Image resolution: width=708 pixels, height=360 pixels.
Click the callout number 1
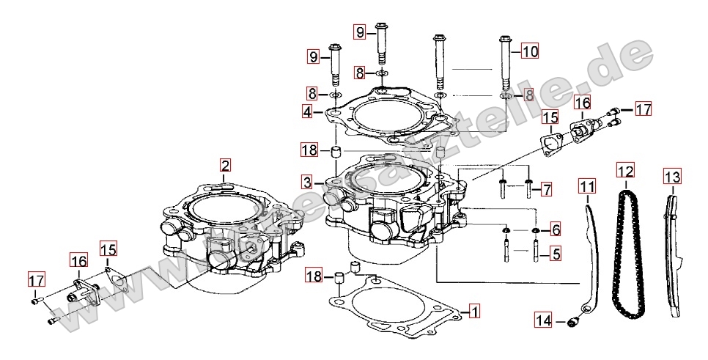coord(474,311)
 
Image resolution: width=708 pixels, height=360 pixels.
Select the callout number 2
coord(225,165)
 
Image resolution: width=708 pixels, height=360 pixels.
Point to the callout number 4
coord(308,112)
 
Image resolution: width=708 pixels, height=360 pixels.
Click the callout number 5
coord(556,254)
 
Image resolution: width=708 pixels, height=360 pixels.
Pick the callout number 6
coord(556,229)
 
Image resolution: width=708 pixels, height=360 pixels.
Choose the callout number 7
coord(546,190)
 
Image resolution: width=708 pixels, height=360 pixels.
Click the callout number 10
coord(529,51)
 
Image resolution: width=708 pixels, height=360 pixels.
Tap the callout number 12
coord(624,172)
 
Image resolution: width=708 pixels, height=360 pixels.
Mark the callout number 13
coord(672,177)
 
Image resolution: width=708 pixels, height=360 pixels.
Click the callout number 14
coord(543,320)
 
